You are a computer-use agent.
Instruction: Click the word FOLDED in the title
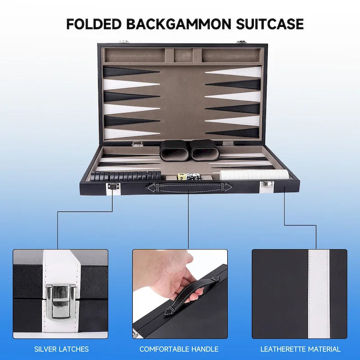(94, 24)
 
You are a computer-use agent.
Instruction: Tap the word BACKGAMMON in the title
(179, 24)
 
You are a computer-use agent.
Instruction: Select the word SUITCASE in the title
(270, 24)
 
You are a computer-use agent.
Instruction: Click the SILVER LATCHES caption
(62, 349)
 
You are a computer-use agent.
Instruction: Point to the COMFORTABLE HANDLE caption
(179, 349)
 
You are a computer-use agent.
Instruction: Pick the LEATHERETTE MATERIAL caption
(300, 349)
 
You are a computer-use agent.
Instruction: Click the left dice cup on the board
(173, 151)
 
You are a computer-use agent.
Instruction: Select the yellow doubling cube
(181, 176)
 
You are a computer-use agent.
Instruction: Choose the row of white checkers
(254, 175)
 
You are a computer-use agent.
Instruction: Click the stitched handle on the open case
(186, 187)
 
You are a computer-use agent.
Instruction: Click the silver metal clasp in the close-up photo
(61, 301)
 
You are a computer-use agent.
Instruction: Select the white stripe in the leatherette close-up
(319, 294)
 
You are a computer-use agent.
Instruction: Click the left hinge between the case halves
(138, 144)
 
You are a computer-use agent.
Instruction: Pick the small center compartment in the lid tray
(183, 55)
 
